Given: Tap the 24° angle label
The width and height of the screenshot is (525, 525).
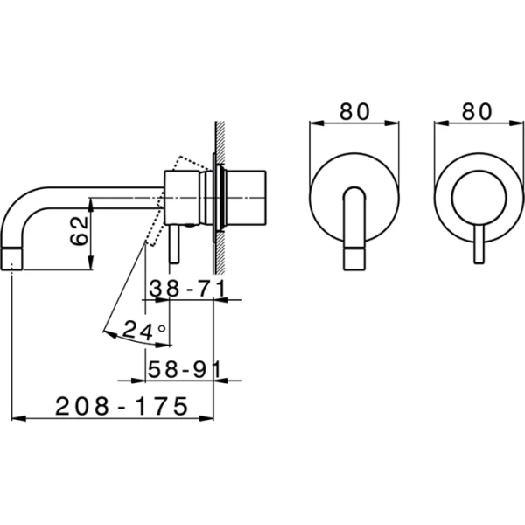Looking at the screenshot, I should tap(143, 331).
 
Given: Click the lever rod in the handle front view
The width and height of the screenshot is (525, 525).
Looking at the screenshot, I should tap(478, 245).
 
